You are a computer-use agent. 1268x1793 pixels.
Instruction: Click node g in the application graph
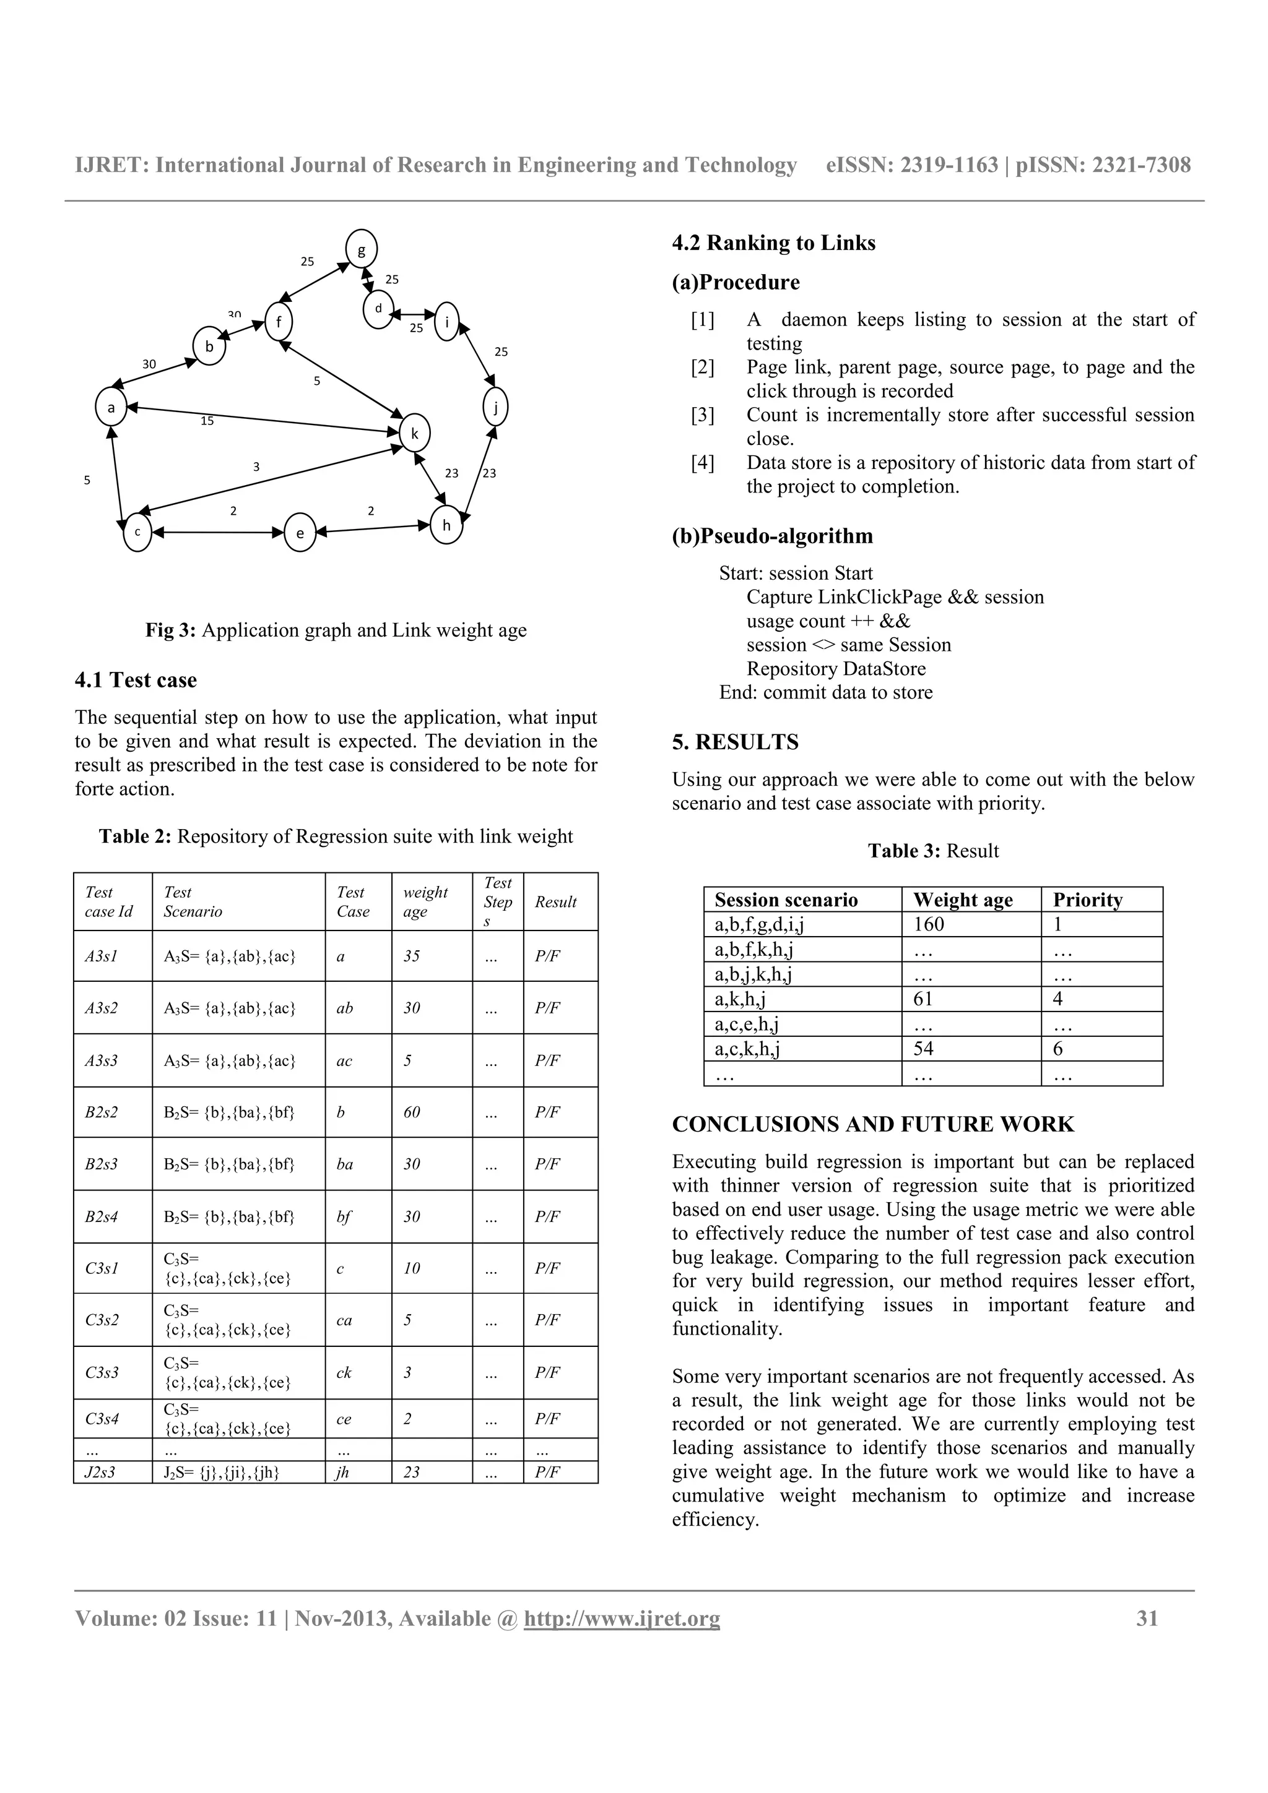361,250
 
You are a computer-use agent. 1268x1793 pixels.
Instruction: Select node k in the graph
415,434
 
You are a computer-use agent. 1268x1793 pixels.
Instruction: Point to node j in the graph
495,407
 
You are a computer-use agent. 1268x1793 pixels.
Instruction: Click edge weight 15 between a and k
207,421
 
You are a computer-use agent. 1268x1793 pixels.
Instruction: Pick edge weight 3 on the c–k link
256,467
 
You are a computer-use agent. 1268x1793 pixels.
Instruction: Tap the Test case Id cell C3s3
102,1372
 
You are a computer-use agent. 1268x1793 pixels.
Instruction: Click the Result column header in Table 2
555,902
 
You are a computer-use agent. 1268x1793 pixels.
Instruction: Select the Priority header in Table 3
1088,900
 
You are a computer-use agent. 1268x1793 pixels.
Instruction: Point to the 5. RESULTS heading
735,742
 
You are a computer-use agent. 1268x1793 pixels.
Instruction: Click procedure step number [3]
701,415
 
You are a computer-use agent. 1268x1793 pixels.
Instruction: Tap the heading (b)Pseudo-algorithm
772,536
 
